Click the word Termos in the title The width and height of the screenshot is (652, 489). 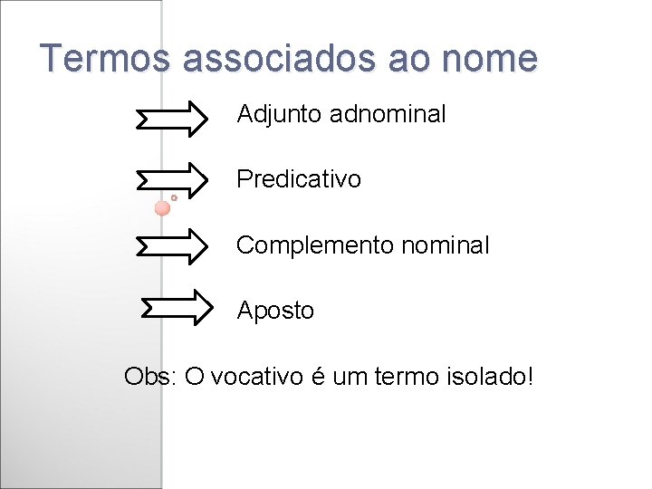(x=105, y=59)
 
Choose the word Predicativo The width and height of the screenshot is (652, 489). (x=299, y=179)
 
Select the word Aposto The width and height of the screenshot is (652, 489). (x=275, y=311)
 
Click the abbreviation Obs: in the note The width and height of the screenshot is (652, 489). (x=150, y=376)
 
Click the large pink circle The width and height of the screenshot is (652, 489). (x=162, y=208)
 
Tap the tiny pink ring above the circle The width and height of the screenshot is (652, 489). (x=174, y=197)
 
